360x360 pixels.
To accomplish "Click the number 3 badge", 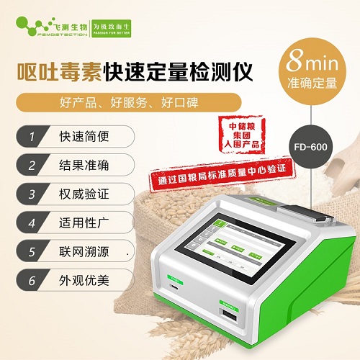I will [x=31, y=194].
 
